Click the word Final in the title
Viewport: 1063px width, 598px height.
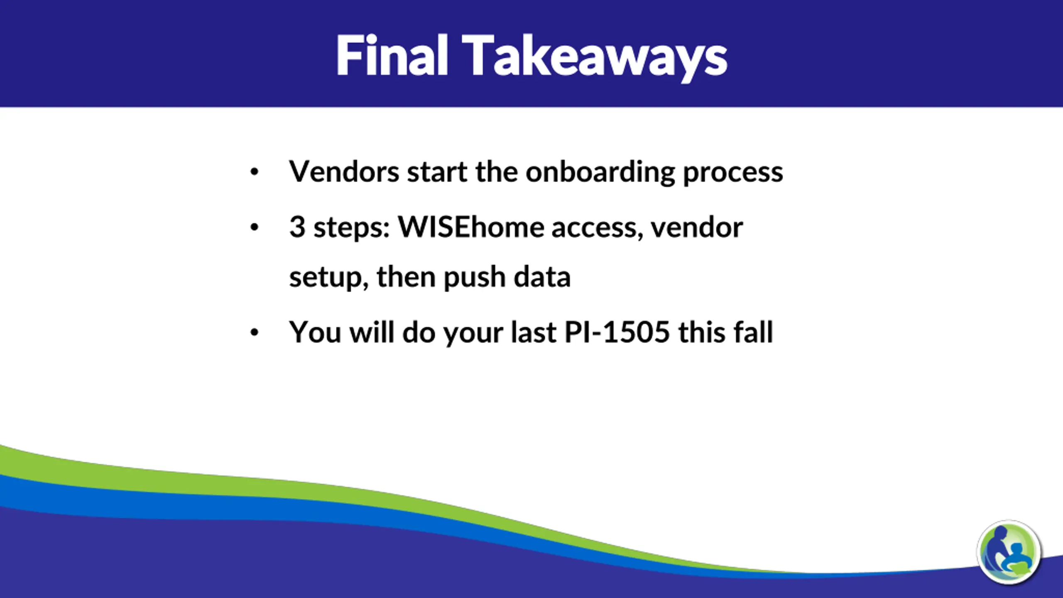click(392, 56)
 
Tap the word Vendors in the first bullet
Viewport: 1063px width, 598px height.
click(344, 171)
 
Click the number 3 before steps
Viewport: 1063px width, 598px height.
click(297, 227)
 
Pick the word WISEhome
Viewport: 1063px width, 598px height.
click(471, 227)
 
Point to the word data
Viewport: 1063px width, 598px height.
click(542, 277)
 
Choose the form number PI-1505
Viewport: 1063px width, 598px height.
click(617, 332)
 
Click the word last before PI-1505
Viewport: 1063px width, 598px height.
click(533, 332)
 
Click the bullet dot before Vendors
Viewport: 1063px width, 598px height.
click(255, 172)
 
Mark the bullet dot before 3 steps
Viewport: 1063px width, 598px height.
click(255, 227)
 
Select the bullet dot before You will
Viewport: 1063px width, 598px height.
click(255, 332)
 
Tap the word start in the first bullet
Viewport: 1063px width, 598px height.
click(437, 172)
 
